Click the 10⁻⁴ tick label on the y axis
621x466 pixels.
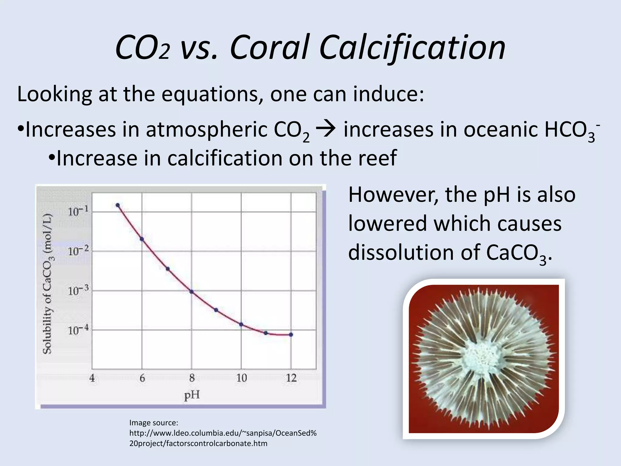click(x=78, y=330)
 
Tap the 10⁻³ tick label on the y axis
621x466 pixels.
click(x=78, y=291)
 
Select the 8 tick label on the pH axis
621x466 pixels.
click(x=192, y=378)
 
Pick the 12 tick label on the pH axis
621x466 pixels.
click(x=291, y=378)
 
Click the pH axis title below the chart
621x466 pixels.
click(x=192, y=395)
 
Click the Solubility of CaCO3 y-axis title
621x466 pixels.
click(x=47, y=284)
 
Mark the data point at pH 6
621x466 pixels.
click(x=142, y=239)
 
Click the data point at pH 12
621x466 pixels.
click(x=291, y=335)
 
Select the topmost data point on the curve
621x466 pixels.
click(x=118, y=205)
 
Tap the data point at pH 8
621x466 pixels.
click(x=191, y=292)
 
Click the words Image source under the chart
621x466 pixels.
click(x=153, y=423)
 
